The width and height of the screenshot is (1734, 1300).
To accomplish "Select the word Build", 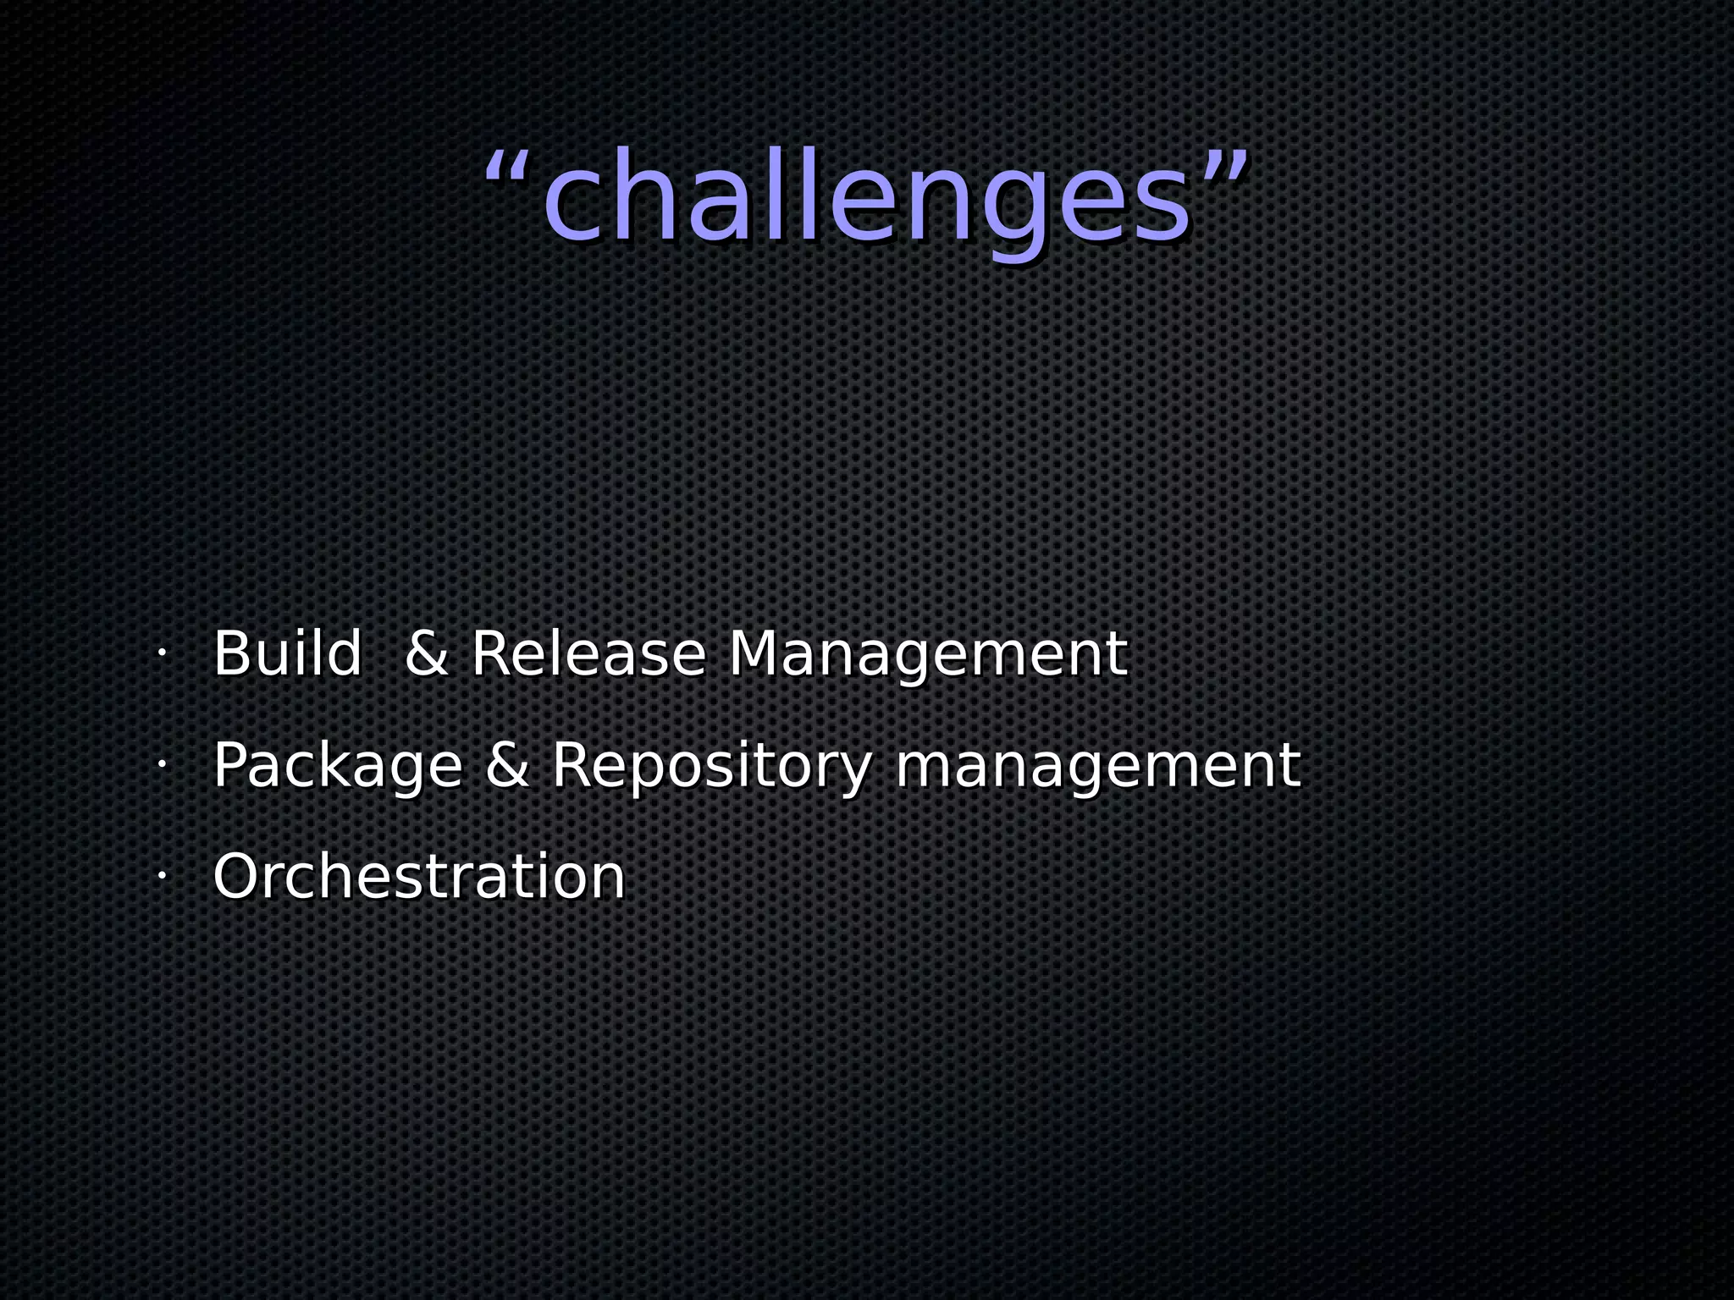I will (x=287, y=654).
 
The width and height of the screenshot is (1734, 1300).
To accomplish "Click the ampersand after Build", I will (x=426, y=654).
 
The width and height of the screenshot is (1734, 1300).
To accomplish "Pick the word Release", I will (x=588, y=654).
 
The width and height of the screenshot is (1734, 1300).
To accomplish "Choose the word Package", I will (x=337, y=766).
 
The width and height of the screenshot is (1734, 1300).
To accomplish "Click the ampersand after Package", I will (x=507, y=765).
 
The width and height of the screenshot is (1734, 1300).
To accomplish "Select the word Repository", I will (x=711, y=766).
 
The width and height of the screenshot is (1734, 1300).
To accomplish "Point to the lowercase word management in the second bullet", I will (x=1097, y=766).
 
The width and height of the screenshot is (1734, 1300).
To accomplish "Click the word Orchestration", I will (x=418, y=876).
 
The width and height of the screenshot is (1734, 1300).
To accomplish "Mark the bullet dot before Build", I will (x=160, y=654).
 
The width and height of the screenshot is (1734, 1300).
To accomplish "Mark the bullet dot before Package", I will (x=160, y=765).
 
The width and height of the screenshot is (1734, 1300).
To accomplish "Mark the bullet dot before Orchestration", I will (x=160, y=876).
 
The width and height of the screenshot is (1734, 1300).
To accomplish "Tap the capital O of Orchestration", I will (x=237, y=877).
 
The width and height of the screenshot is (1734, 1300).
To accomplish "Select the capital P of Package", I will (x=229, y=764).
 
